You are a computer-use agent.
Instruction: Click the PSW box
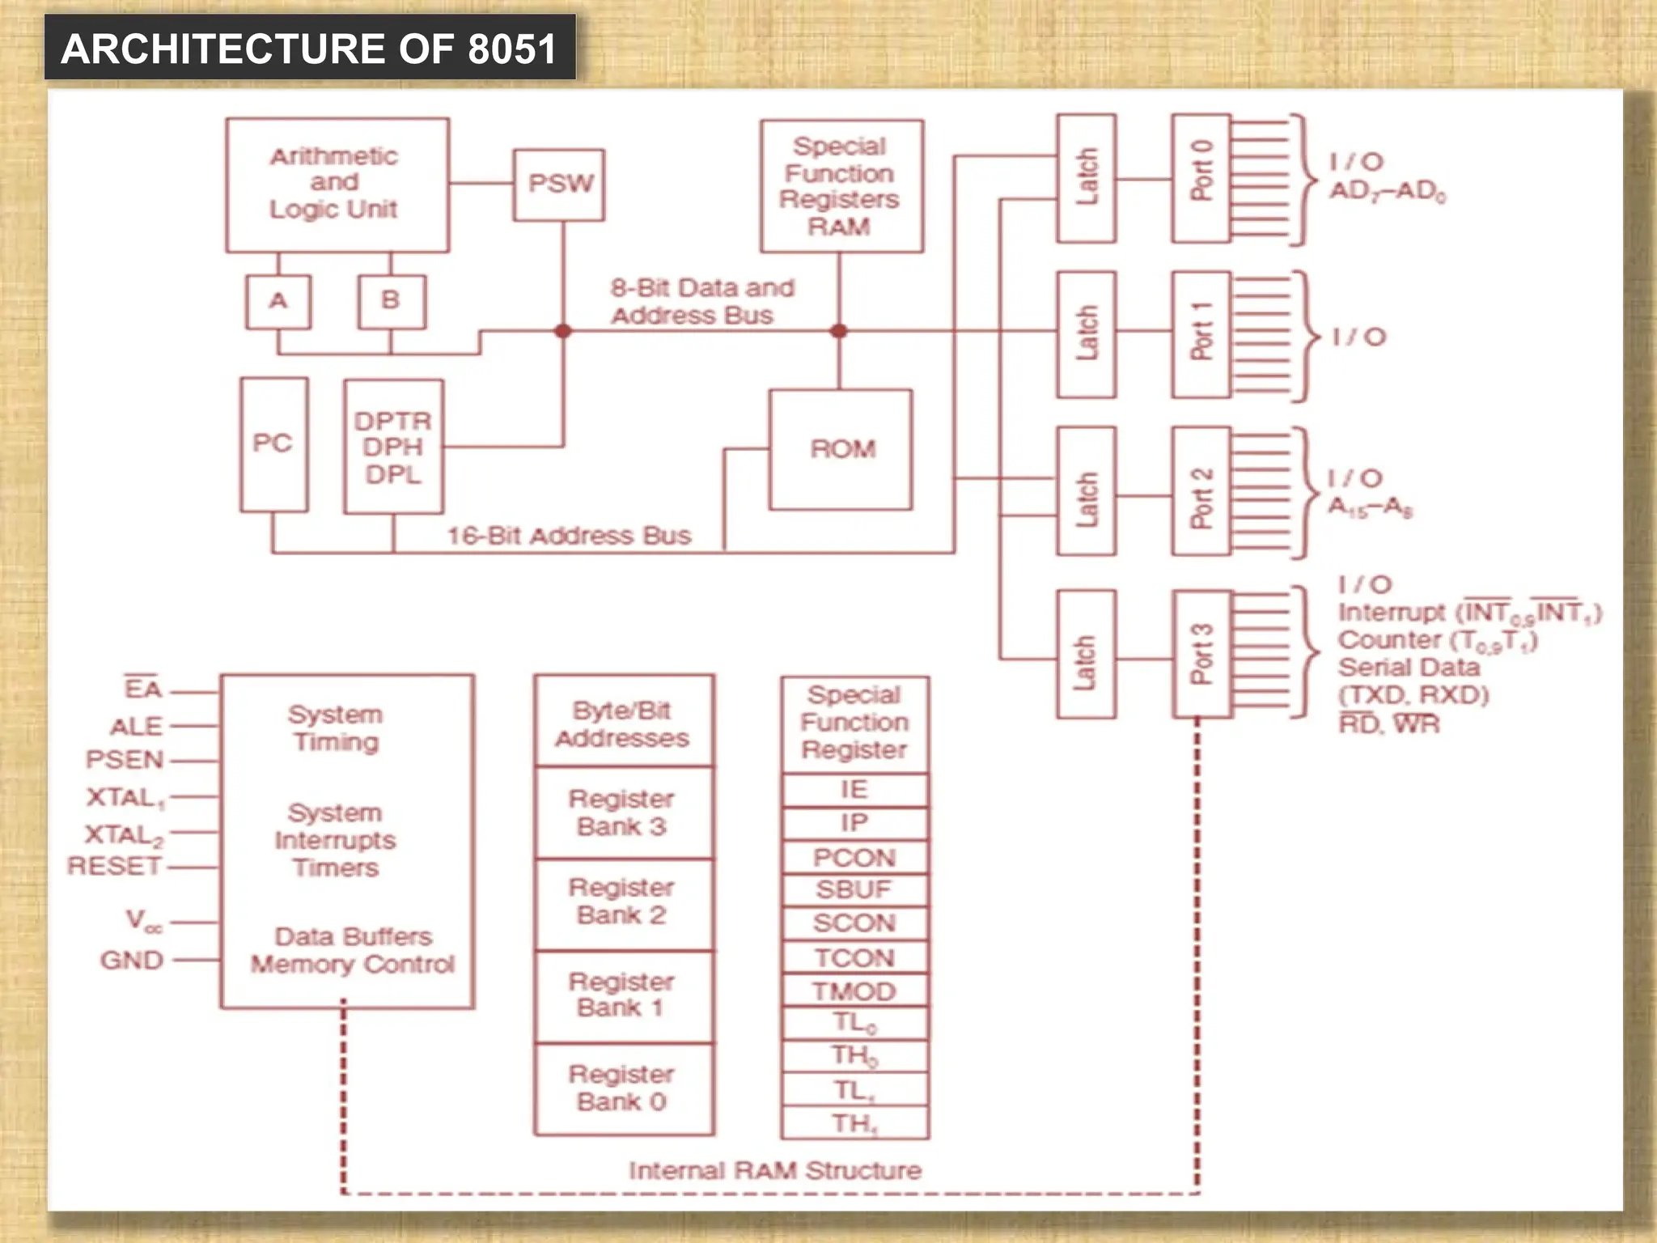pyautogui.click(x=559, y=185)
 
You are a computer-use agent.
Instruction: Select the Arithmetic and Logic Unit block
pyautogui.click(x=337, y=185)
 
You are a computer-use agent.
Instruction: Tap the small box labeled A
pyautogui.click(x=278, y=301)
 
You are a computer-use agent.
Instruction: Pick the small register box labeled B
pyautogui.click(x=392, y=301)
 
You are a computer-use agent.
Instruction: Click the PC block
pyautogui.click(x=273, y=444)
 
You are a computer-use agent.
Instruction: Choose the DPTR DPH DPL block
pyautogui.click(x=393, y=447)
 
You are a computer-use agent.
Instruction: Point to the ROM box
pyautogui.click(x=841, y=450)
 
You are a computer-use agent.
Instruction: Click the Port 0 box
pyautogui.click(x=1201, y=178)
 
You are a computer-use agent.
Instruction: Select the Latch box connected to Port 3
pyautogui.click(x=1086, y=654)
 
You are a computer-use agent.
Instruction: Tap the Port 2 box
pyautogui.click(x=1201, y=491)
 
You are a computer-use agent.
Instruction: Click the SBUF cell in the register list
pyautogui.click(x=854, y=890)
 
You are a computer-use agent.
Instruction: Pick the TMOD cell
pyautogui.click(x=854, y=991)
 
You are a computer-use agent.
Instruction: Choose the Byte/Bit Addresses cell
pyautogui.click(x=623, y=723)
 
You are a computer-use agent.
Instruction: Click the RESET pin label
pyautogui.click(x=115, y=866)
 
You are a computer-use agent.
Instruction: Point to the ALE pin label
pyautogui.click(x=136, y=726)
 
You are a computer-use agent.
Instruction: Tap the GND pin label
pyautogui.click(x=132, y=961)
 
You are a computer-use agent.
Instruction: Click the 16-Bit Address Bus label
pyautogui.click(x=570, y=536)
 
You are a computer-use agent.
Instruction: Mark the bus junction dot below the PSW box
pyautogui.click(x=563, y=331)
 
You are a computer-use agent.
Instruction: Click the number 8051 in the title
pyautogui.click(x=512, y=49)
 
